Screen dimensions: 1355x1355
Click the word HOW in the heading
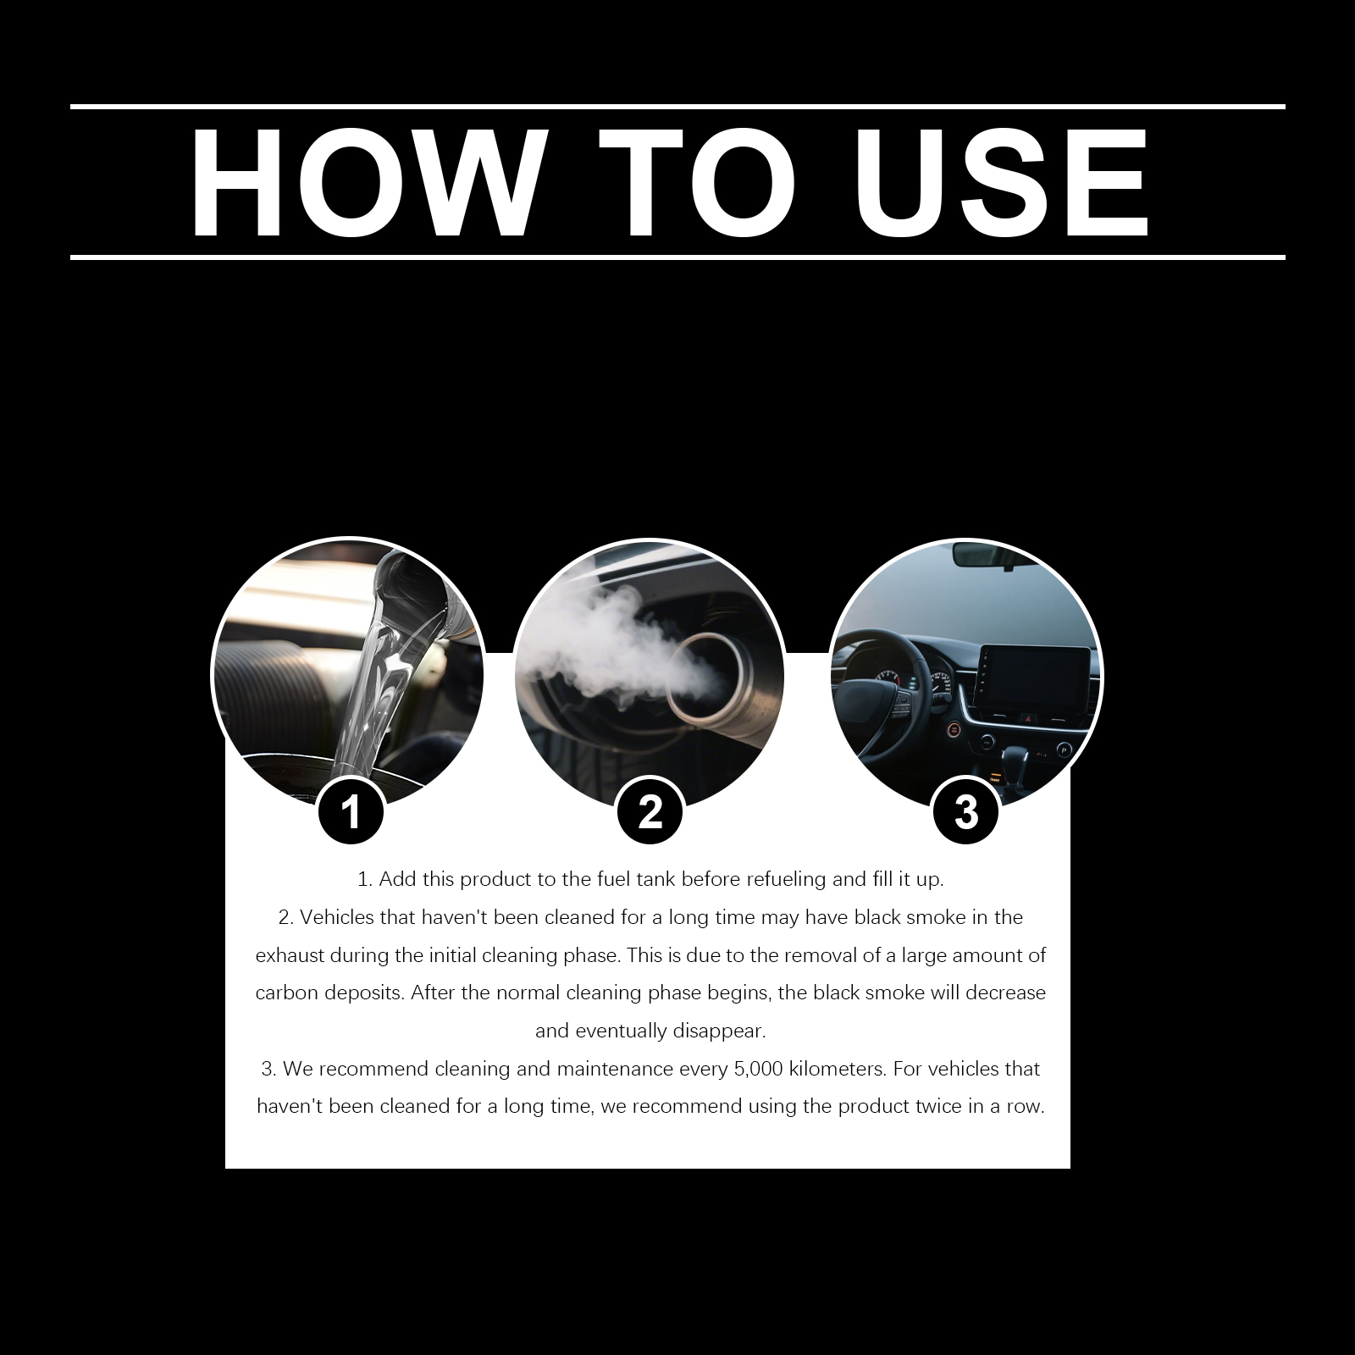[x=365, y=183]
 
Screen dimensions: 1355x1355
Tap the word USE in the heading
[x=1003, y=183]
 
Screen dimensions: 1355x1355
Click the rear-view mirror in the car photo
[x=987, y=555]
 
